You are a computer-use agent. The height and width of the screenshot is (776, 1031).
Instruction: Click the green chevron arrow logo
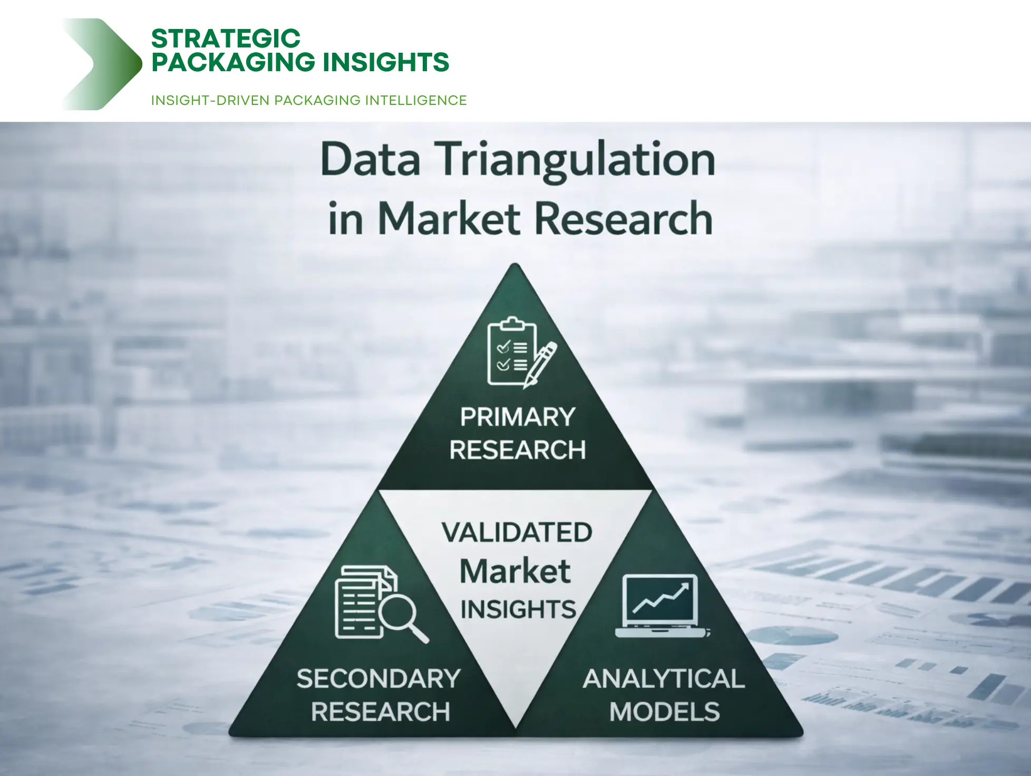(x=103, y=64)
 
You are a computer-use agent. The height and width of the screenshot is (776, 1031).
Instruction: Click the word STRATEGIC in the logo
(x=226, y=39)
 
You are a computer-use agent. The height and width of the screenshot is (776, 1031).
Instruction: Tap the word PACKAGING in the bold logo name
(x=232, y=62)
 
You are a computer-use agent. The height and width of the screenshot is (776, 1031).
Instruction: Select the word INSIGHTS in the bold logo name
(x=386, y=62)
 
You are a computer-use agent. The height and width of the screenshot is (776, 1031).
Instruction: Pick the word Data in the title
(x=370, y=160)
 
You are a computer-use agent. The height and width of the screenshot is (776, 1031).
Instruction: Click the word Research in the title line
(x=624, y=218)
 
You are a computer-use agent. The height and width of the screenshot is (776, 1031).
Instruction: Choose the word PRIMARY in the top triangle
(x=517, y=417)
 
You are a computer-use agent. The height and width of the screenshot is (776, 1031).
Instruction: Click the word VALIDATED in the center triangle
(x=517, y=532)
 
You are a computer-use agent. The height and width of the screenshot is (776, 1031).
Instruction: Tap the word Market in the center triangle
(x=515, y=571)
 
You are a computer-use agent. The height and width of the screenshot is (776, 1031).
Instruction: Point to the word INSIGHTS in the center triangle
(x=518, y=609)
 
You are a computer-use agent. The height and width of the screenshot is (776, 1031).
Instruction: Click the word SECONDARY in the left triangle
(x=378, y=678)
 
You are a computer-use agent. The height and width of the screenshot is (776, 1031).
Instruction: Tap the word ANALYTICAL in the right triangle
(x=664, y=678)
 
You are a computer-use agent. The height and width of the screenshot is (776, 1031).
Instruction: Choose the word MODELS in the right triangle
(x=664, y=712)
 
